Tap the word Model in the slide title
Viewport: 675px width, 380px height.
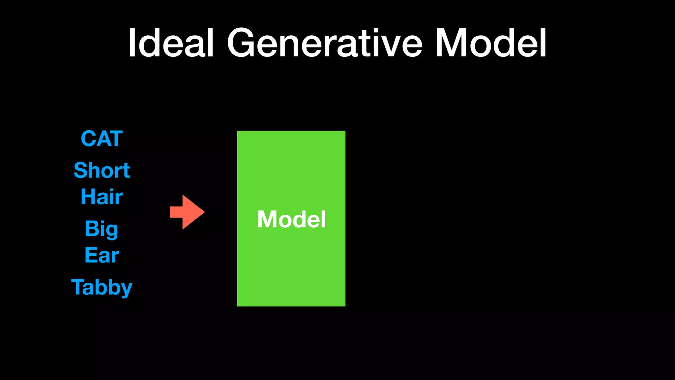click(490, 43)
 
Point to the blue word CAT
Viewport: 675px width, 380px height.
click(102, 139)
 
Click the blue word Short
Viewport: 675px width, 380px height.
click(102, 170)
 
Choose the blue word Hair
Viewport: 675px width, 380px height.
click(102, 197)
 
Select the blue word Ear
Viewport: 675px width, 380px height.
click(102, 255)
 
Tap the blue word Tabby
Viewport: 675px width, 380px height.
click(102, 287)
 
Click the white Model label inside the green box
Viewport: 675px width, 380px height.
click(291, 219)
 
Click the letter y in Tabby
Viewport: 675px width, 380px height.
click(126, 289)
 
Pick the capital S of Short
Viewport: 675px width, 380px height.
click(80, 170)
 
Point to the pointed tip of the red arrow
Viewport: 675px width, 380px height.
click(204, 212)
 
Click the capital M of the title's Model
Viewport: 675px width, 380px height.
click(452, 43)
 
